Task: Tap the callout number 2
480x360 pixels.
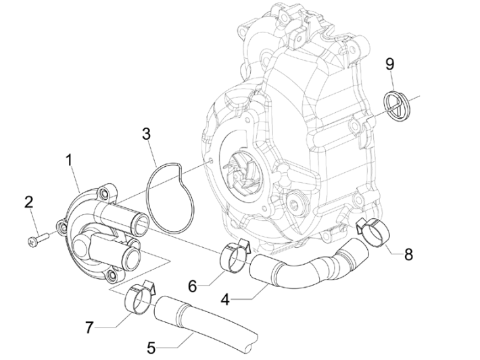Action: click(28, 201)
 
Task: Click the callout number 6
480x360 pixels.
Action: click(193, 286)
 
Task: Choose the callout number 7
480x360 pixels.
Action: click(89, 328)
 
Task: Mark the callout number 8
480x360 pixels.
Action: click(408, 255)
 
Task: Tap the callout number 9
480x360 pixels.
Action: click(389, 64)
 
